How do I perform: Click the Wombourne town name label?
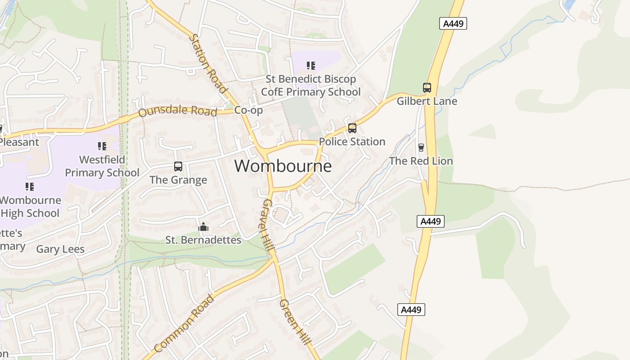pyautogui.click(x=283, y=166)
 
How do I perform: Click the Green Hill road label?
pyautogui.click(x=295, y=322)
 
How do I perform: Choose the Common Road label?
pyautogui.click(x=184, y=323)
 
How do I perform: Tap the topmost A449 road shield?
pyautogui.click(x=453, y=24)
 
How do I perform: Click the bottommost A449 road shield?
pyautogui.click(x=411, y=310)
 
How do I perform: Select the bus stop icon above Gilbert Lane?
pyautogui.click(x=427, y=88)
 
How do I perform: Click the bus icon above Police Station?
pyautogui.click(x=352, y=128)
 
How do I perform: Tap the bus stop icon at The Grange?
pyautogui.click(x=178, y=166)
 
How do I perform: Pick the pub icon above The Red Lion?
pyautogui.click(x=421, y=148)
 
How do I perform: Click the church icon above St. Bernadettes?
pyautogui.click(x=203, y=227)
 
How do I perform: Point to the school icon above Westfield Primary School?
pyautogui.click(x=102, y=146)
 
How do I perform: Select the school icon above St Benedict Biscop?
pyautogui.click(x=310, y=66)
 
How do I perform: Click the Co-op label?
pyautogui.click(x=248, y=110)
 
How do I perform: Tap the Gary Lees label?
pyautogui.click(x=60, y=249)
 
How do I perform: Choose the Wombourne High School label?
pyautogui.click(x=30, y=207)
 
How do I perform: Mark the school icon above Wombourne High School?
pyautogui.click(x=30, y=186)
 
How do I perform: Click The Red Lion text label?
pyautogui.click(x=421, y=161)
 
